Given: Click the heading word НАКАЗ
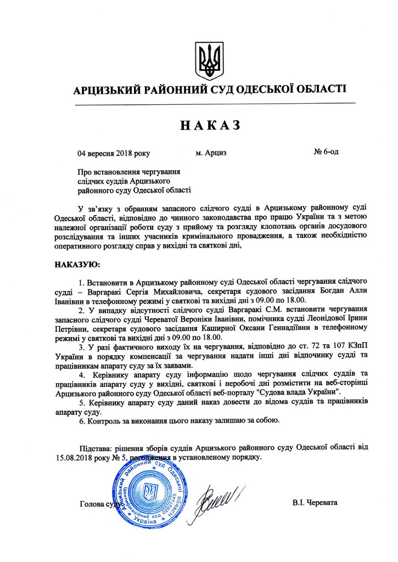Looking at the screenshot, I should point(210,125).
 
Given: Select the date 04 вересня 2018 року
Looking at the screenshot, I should point(114,153).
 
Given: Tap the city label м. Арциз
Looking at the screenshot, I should point(211,153).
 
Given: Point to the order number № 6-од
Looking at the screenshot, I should point(326,152).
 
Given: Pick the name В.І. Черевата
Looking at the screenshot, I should point(316,503).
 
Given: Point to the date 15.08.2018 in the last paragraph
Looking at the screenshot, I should point(74,456).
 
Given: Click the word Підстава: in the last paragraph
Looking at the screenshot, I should point(97,447).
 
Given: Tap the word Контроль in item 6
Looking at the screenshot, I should point(103,420).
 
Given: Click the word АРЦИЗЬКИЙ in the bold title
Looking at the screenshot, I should point(107,90).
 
